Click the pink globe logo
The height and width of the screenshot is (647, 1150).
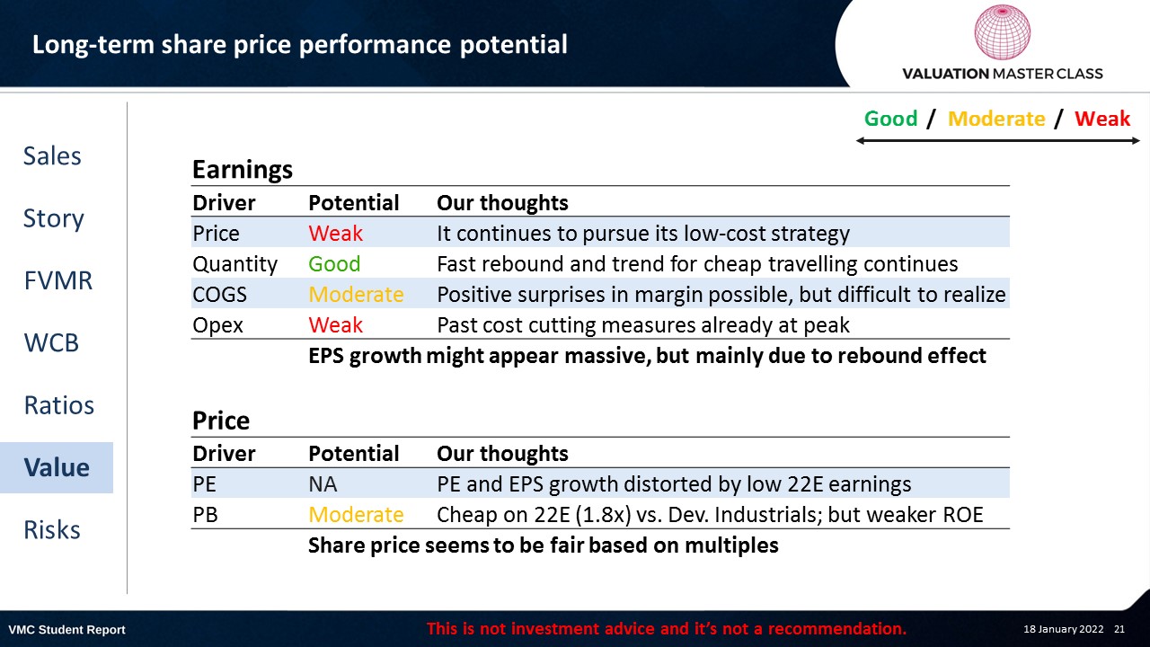[x=1002, y=32]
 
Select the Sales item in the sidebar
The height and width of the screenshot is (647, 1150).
[x=52, y=155]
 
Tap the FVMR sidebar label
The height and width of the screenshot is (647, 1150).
[x=58, y=280]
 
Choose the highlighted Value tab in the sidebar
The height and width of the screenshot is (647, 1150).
[x=57, y=467]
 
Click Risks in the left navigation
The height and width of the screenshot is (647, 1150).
[x=52, y=529]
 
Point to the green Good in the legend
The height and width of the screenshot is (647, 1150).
[x=890, y=119]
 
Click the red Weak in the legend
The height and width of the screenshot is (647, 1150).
[x=1102, y=119]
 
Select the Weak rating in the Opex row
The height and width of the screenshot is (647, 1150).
[x=335, y=325]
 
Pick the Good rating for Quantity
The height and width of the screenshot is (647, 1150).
[x=334, y=264]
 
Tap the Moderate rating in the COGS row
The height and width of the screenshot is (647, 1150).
[x=356, y=295]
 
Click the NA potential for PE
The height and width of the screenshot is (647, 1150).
[x=323, y=484]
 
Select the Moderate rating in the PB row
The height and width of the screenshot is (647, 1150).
[x=356, y=515]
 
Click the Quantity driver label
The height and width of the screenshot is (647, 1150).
[x=234, y=264]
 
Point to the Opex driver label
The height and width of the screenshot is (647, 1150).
[x=217, y=325]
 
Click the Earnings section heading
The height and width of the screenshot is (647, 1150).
[x=243, y=170]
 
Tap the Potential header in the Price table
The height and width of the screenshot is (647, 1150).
[x=354, y=454]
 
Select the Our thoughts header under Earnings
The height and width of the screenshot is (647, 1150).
[x=502, y=203]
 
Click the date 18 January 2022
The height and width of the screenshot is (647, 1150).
[x=1063, y=629]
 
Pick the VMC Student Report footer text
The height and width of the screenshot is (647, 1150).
[x=66, y=630]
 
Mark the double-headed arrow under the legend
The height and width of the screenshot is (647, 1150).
[x=997, y=141]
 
